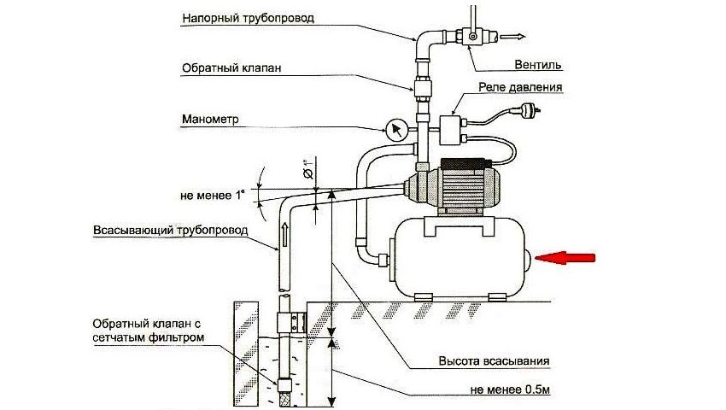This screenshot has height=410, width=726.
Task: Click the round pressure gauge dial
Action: tap(395, 131)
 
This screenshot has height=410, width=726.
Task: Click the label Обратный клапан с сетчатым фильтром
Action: tap(151, 330)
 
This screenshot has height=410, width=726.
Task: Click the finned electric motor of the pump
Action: tap(465, 186)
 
